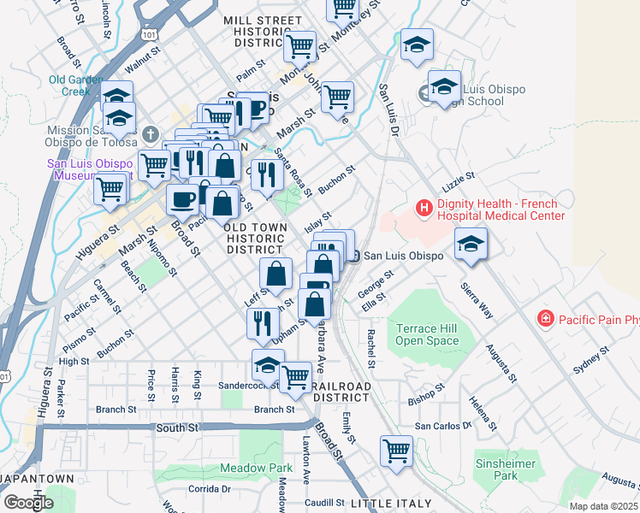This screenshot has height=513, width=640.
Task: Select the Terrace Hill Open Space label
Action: tap(427, 334)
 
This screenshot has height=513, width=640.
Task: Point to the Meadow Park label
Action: tap(256, 468)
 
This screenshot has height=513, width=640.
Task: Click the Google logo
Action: tap(28, 502)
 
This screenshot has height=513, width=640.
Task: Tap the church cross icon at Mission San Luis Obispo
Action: tap(151, 133)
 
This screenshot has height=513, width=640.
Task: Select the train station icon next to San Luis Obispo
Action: tap(356, 256)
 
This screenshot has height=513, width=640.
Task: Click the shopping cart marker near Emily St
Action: tap(396, 450)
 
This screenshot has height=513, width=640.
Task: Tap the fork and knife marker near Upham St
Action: tap(263, 323)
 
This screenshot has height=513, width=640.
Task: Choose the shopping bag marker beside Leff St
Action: tap(276, 274)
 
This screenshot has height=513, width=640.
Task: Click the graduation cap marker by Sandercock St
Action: tap(268, 365)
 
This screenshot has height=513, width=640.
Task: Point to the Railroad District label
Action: tap(341, 392)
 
